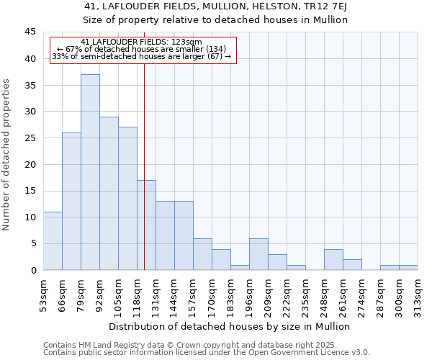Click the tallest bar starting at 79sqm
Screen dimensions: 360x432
pyautogui.click(x=90, y=172)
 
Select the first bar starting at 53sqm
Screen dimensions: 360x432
pyautogui.click(x=53, y=240)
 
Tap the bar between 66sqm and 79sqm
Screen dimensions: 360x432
pyautogui.click(x=71, y=201)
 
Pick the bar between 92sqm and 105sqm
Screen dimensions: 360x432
pyautogui.click(x=109, y=193)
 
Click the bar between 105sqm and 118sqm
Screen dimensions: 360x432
pyautogui.click(x=127, y=198)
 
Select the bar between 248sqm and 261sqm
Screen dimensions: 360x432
pyautogui.click(x=333, y=259)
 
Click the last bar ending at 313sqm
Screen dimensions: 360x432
pyautogui.click(x=408, y=267)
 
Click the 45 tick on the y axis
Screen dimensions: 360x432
pyautogui.click(x=30, y=32)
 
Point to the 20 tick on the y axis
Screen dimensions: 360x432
pyautogui.click(x=30, y=164)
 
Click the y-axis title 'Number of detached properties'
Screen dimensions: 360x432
pyautogui.click(x=7, y=155)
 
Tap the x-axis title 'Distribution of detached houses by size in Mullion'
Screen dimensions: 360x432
pyautogui.click(x=230, y=326)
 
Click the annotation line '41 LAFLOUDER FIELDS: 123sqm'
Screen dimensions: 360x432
pyautogui.click(x=142, y=42)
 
